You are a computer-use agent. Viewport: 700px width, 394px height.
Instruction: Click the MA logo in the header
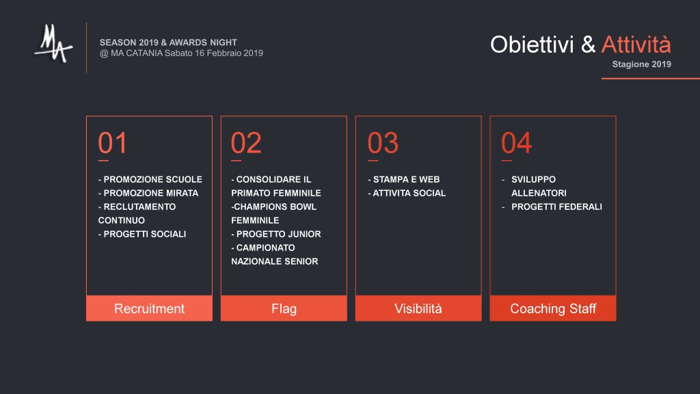click(x=53, y=44)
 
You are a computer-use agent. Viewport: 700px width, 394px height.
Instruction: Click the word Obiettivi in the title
click(x=532, y=44)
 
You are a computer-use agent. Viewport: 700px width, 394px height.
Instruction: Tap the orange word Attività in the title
click(x=636, y=44)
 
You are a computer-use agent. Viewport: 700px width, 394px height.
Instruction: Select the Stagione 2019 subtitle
click(x=641, y=64)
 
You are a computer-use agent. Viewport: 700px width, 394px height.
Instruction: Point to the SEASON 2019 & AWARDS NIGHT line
click(x=168, y=42)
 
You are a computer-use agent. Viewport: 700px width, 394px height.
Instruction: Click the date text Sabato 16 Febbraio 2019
click(x=214, y=53)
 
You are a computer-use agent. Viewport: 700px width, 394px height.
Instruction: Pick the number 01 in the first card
click(x=113, y=143)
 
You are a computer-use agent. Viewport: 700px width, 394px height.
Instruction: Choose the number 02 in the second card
click(x=246, y=143)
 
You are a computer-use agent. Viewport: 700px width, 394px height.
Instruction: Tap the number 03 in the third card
click(x=383, y=143)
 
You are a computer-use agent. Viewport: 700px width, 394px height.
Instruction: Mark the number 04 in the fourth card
click(x=517, y=143)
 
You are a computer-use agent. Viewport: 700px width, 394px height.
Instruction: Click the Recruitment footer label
click(x=149, y=308)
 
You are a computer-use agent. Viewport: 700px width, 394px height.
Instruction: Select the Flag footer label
click(x=284, y=308)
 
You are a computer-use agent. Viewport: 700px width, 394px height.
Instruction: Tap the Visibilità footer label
click(x=418, y=308)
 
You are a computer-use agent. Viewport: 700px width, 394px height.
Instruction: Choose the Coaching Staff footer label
click(x=553, y=308)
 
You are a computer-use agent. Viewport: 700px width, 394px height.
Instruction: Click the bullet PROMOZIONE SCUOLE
click(x=152, y=180)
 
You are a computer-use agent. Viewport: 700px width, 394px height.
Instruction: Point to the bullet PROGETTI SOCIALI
click(x=145, y=234)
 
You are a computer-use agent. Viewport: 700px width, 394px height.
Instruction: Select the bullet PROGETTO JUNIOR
click(x=279, y=234)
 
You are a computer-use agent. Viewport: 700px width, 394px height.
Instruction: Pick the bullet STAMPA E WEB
click(x=406, y=180)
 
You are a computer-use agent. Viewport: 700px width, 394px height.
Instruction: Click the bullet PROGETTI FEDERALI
click(x=556, y=207)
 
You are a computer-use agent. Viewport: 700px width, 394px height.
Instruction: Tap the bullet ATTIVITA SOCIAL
click(x=409, y=194)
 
